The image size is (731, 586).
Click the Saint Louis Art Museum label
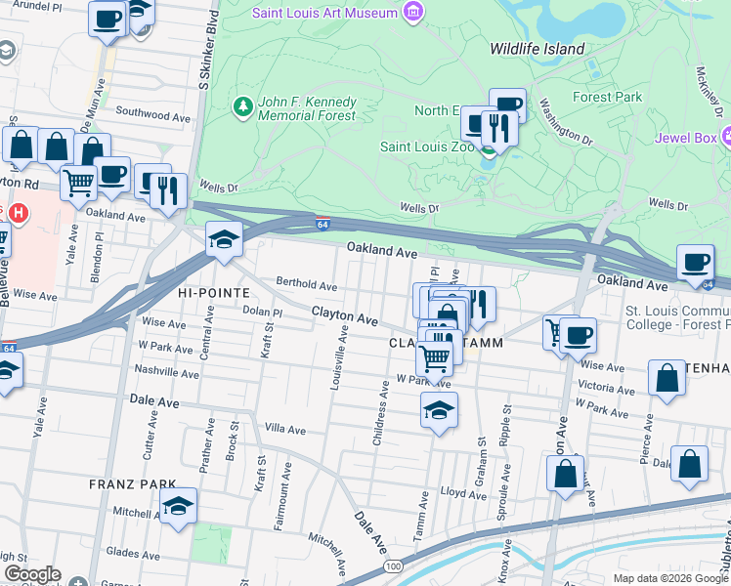coord(325,13)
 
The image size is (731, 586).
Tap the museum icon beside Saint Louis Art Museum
coord(413,13)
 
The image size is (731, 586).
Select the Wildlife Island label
coord(537,49)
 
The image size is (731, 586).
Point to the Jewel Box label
coord(685,136)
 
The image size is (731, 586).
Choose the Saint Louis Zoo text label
coord(427,147)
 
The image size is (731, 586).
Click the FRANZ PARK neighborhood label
coord(132,483)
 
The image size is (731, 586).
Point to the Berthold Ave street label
coord(306,285)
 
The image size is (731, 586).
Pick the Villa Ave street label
coord(285,430)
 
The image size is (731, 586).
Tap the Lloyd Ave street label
coord(463,494)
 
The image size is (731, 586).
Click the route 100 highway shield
coord(393,566)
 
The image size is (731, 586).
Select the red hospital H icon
coord(14,211)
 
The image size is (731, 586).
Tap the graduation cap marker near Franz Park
coord(178,506)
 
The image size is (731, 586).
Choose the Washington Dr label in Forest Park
coord(566,124)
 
